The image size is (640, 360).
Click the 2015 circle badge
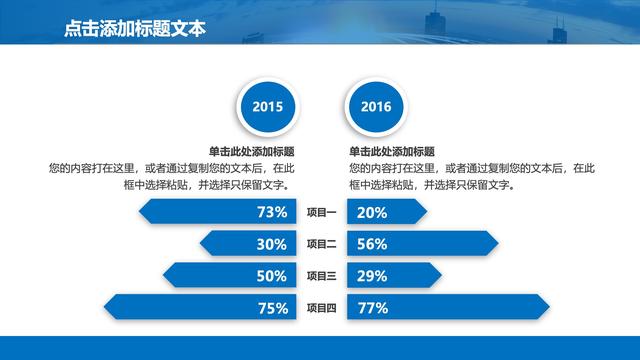tap(266, 107)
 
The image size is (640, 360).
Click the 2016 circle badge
tap(376, 107)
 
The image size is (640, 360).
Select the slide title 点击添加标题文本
tap(133, 29)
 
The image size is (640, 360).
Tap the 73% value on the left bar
tap(272, 212)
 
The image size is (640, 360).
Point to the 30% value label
tap(272, 244)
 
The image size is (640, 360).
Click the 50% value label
tap(272, 276)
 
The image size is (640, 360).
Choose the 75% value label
tap(272, 308)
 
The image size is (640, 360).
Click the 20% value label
tap(372, 212)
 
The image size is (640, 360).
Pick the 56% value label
tap(372, 244)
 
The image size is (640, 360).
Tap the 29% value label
tap(372, 276)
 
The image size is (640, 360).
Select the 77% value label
tap(372, 308)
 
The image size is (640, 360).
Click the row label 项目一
tap(321, 212)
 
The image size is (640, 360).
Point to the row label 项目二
tap(321, 244)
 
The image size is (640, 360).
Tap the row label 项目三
tap(321, 276)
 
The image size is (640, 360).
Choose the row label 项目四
tap(321, 308)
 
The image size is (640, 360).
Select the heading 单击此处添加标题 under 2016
tap(390, 152)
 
